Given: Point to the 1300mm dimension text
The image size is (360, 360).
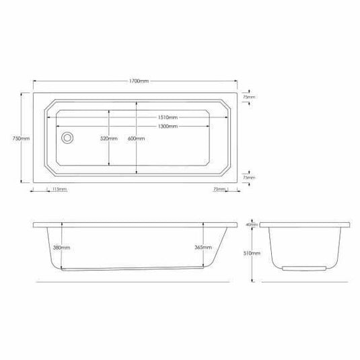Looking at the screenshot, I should (168, 126).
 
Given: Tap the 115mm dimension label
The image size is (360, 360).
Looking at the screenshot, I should (59, 190).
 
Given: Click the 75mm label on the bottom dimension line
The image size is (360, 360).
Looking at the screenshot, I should (218, 190).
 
